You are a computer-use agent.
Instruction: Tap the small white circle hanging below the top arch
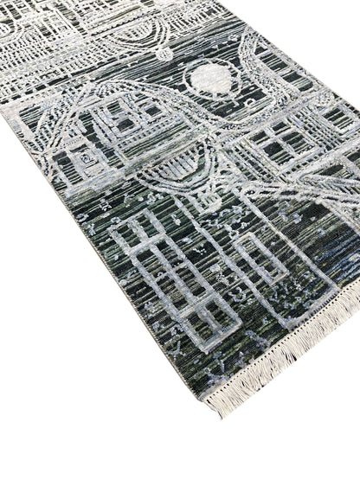(163, 54)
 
